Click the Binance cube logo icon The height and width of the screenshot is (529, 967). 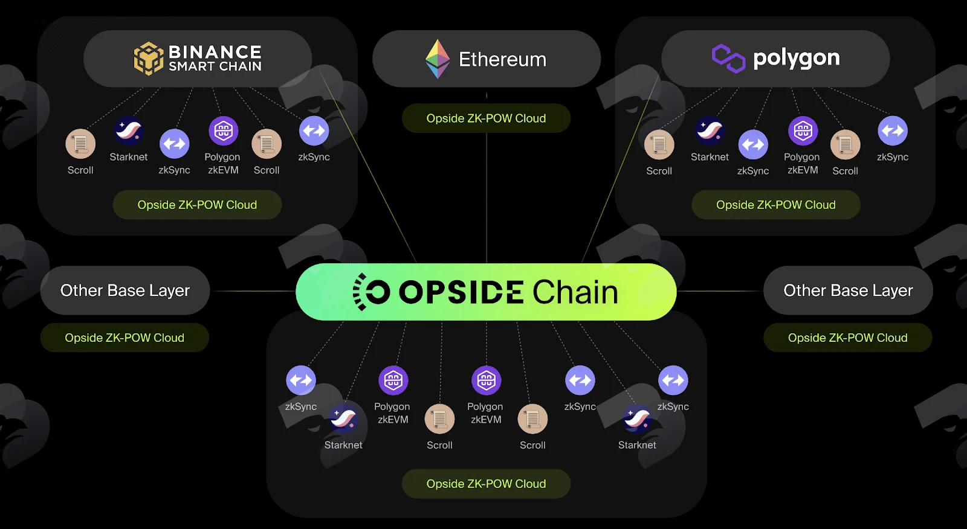click(149, 58)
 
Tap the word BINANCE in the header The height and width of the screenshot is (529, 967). click(215, 52)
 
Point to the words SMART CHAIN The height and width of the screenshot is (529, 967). click(215, 66)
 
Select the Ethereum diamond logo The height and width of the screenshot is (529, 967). click(438, 59)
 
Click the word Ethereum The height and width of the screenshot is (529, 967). click(502, 59)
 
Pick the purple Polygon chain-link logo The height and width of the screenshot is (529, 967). click(728, 58)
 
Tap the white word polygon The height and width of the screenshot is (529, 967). click(797, 59)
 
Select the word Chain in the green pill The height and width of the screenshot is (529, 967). click(575, 292)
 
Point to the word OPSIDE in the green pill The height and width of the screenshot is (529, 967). click(462, 292)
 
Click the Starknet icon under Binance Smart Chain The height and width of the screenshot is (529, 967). click(129, 130)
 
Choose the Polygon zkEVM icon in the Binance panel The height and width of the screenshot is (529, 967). click(223, 130)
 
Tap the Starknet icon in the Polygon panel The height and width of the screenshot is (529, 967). click(710, 130)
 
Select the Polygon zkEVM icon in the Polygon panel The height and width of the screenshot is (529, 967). click(803, 130)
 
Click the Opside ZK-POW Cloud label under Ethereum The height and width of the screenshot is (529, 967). click(486, 118)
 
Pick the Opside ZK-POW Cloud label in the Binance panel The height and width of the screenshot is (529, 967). click(197, 205)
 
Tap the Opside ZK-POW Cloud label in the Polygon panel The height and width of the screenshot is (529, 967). click(776, 205)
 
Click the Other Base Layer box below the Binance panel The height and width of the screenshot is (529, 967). click(125, 290)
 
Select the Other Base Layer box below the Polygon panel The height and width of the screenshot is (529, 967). click(848, 290)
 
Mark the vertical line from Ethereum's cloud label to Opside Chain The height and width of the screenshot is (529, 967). click(487, 198)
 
